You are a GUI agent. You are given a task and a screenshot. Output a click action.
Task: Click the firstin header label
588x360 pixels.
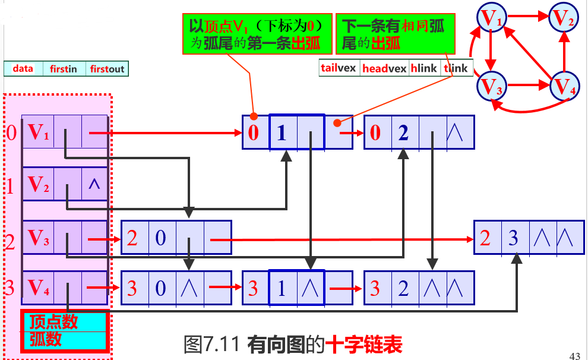[64, 69]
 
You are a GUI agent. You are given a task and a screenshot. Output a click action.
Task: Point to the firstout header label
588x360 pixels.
[107, 69]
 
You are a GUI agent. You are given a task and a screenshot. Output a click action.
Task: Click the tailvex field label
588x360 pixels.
[339, 68]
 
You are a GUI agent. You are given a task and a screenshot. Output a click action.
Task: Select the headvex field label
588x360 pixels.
[384, 68]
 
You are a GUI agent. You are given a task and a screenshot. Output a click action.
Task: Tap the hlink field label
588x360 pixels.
[423, 68]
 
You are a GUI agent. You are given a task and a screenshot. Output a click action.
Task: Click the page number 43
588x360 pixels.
[574, 356]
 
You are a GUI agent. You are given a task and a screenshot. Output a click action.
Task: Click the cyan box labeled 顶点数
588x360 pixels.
[64, 321]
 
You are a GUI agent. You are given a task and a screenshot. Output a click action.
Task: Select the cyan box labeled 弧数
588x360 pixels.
[64, 339]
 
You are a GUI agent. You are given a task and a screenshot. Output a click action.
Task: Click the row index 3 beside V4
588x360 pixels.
[10, 289]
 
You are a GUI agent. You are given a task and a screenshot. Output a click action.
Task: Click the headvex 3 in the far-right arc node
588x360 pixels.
[513, 238]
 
